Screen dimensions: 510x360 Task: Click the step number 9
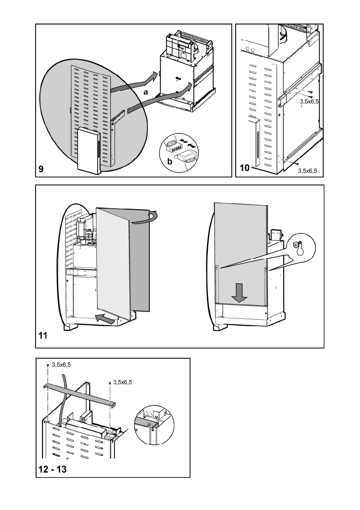click(41, 169)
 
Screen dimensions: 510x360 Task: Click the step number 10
click(244, 168)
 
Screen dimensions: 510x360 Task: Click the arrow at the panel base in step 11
click(105, 318)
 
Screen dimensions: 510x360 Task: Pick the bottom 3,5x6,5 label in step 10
click(307, 170)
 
